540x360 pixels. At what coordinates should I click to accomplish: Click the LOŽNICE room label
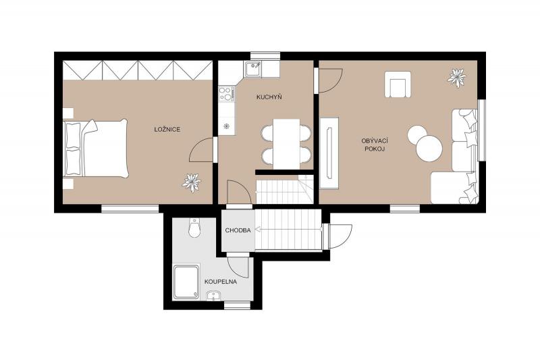click(167, 130)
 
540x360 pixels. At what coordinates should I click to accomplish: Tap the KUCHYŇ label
click(269, 97)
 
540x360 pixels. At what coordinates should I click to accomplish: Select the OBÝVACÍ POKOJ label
click(375, 145)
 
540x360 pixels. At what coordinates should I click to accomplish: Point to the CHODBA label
click(238, 230)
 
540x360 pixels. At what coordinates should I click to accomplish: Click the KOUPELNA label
click(221, 282)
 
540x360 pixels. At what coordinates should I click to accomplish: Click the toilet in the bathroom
click(194, 228)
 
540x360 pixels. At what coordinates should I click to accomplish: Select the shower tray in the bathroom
click(186, 282)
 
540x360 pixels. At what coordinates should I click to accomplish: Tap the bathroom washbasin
click(214, 296)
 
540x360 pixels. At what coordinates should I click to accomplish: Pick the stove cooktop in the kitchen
click(226, 94)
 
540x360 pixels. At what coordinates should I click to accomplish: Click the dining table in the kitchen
click(286, 144)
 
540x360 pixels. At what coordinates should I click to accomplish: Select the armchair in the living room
click(398, 84)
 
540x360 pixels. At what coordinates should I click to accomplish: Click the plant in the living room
click(457, 78)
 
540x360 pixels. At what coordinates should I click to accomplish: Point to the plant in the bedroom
click(192, 182)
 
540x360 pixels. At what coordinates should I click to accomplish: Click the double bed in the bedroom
click(96, 148)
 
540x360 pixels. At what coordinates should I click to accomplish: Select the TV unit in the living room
click(329, 153)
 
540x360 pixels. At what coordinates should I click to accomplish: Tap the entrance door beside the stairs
click(340, 236)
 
